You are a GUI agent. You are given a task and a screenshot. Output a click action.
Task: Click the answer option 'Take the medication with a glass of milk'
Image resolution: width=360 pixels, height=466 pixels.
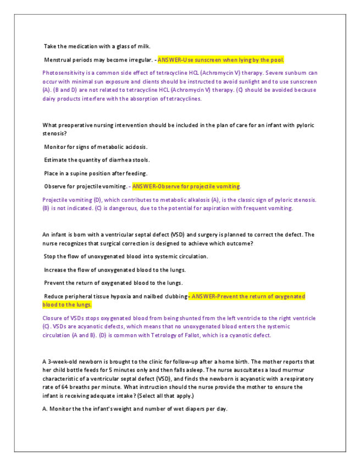tap(97, 47)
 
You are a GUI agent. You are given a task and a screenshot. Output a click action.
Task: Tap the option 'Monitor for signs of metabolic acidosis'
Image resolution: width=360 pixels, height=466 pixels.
tap(96, 147)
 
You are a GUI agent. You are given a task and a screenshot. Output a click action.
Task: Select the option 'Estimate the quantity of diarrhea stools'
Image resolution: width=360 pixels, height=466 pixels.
tap(97, 160)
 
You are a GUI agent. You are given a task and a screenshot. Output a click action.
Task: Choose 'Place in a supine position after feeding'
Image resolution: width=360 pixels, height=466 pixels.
tap(96, 173)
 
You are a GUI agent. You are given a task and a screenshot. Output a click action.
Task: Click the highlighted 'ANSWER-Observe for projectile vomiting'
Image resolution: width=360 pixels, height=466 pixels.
tap(186, 186)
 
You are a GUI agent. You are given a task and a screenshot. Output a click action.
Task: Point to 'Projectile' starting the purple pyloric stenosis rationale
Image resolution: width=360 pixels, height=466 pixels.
tap(56, 200)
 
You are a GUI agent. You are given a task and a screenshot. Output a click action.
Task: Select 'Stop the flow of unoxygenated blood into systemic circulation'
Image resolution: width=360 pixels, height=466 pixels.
tap(126, 257)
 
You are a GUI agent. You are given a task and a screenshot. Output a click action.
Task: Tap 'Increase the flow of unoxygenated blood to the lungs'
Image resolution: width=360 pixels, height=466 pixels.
tap(115, 270)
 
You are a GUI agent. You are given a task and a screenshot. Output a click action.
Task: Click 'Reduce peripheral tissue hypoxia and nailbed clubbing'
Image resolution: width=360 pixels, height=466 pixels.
tap(115, 297)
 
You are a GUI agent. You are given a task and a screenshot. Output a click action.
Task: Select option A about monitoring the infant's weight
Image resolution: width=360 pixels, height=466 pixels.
tap(135, 409)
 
